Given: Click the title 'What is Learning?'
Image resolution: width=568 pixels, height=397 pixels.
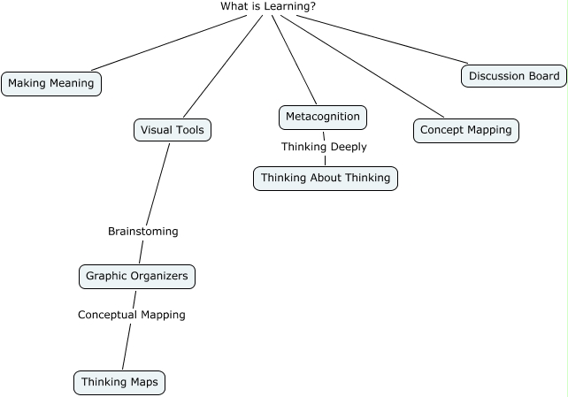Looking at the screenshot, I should [268, 6].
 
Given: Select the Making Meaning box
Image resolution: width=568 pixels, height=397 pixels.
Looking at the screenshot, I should [51, 84].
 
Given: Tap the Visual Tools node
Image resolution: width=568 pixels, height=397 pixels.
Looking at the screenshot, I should [173, 130].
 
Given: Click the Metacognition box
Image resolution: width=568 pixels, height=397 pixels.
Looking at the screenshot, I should [322, 116].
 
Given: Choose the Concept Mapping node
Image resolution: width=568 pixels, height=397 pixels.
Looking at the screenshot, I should [465, 130].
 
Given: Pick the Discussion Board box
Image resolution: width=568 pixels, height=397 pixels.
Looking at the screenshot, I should [513, 76].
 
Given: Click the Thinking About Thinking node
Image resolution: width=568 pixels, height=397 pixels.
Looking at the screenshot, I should [325, 178].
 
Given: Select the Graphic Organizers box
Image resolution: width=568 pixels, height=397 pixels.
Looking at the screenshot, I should [136, 276].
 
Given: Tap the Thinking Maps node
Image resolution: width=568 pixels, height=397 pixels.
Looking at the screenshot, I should [119, 382].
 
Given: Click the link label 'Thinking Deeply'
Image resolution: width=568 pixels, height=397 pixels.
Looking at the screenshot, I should [324, 147].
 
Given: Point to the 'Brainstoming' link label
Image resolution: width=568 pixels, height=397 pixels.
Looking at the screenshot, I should [142, 232].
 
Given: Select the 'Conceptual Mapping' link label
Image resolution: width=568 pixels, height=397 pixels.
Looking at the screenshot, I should [131, 315].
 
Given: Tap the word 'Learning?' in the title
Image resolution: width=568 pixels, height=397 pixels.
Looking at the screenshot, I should [291, 6].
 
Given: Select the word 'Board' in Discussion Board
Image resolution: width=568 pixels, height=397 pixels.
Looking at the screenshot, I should [542, 76].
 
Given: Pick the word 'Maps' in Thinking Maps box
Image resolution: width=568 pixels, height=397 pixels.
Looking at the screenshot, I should [143, 382].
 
